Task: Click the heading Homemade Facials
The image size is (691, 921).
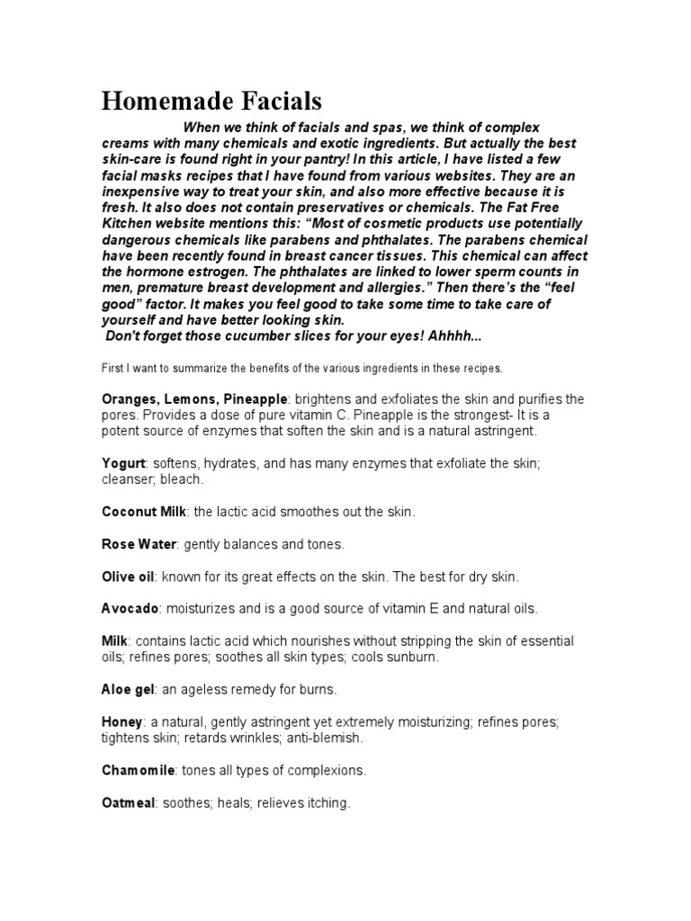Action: point(211,100)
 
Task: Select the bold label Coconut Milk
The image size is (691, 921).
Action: point(143,512)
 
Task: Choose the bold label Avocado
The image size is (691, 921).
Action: point(130,609)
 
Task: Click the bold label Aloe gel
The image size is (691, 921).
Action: point(129,690)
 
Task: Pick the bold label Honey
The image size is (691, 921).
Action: point(122,722)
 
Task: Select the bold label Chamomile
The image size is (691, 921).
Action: point(139,771)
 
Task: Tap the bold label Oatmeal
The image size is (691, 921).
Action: point(128,803)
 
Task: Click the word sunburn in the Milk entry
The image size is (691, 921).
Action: point(413,657)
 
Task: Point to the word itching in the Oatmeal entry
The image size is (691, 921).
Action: point(326,803)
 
